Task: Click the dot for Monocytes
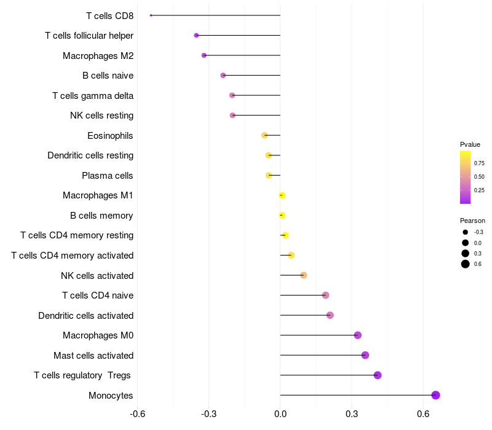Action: (435, 395)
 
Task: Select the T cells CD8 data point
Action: (151, 15)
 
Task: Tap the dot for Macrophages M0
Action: (358, 335)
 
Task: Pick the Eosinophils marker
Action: (264, 135)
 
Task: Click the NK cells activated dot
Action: (303, 275)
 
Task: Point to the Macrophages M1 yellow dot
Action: (282, 195)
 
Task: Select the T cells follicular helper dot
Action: (196, 36)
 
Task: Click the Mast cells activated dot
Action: (365, 355)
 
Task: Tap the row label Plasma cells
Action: (107, 176)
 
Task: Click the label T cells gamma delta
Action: (93, 96)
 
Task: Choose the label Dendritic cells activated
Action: (85, 316)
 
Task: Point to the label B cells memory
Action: (101, 216)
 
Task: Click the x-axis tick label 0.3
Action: (352, 414)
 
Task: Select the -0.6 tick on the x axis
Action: (138, 414)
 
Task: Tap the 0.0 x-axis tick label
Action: (280, 414)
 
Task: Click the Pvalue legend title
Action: (470, 144)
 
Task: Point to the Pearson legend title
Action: (472, 221)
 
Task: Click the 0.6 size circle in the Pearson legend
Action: (466, 264)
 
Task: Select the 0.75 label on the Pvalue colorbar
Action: (479, 163)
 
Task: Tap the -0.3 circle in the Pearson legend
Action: (466, 232)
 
